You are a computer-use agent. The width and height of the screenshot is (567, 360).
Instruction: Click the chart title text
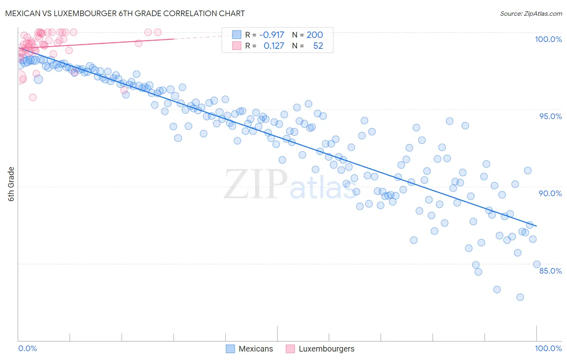(x=125, y=13)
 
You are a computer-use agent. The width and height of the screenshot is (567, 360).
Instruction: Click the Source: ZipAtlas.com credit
(x=531, y=13)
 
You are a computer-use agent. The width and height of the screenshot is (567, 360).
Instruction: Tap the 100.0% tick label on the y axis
(x=548, y=39)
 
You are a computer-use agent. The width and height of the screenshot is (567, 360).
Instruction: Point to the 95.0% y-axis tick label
(x=550, y=116)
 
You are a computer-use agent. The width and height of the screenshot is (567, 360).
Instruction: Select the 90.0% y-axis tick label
(x=550, y=193)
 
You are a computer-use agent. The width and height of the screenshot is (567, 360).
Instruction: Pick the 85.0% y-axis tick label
(x=550, y=271)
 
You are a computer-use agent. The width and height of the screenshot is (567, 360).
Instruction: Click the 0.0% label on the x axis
(x=28, y=348)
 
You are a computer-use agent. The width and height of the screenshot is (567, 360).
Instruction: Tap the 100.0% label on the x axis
(x=548, y=348)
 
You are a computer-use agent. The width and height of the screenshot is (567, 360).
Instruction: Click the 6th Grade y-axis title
(x=11, y=184)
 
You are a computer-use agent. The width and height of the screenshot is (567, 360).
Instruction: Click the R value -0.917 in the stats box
(x=272, y=35)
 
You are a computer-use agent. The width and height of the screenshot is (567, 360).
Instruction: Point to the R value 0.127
(x=274, y=46)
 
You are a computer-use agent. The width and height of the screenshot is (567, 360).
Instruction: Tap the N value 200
(x=315, y=35)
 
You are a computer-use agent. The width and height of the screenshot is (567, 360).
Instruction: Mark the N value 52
(x=318, y=46)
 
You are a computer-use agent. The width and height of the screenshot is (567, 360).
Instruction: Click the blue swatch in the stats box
(x=236, y=35)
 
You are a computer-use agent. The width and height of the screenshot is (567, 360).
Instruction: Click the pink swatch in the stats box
(x=236, y=46)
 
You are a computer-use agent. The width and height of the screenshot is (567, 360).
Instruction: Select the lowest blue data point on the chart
(x=520, y=297)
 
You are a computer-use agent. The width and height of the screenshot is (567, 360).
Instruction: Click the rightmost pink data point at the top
(x=158, y=32)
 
